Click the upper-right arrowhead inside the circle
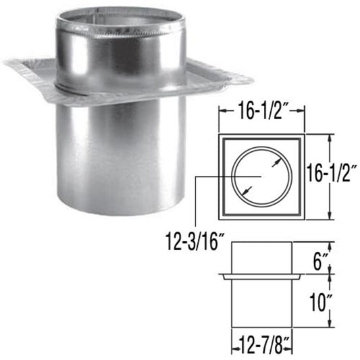click(x=276, y=161)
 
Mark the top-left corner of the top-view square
click(x=220, y=134)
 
